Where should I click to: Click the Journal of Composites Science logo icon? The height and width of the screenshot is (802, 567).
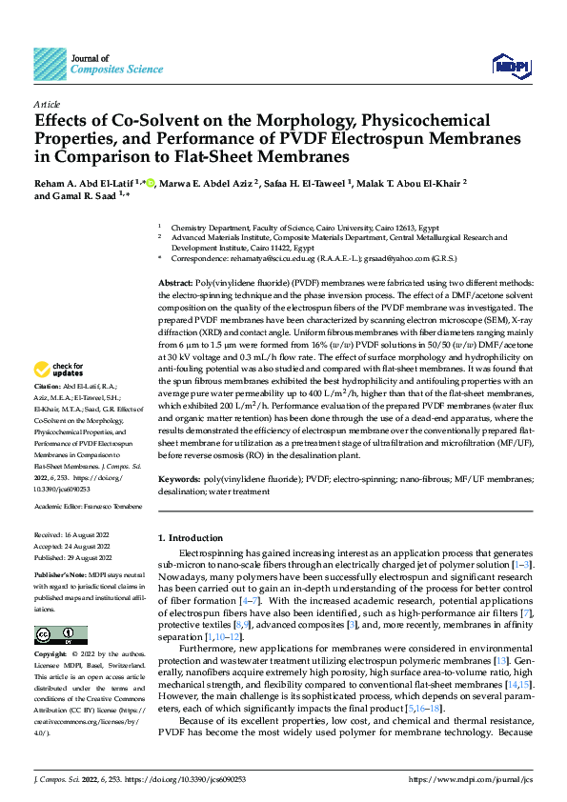coord(51,64)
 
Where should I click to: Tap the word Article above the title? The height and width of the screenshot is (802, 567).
coord(47,104)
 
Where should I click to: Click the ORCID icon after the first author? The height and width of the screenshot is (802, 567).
coord(151,183)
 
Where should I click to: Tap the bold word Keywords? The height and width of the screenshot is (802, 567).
coord(181,480)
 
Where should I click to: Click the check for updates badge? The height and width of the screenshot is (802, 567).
coord(61,370)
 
